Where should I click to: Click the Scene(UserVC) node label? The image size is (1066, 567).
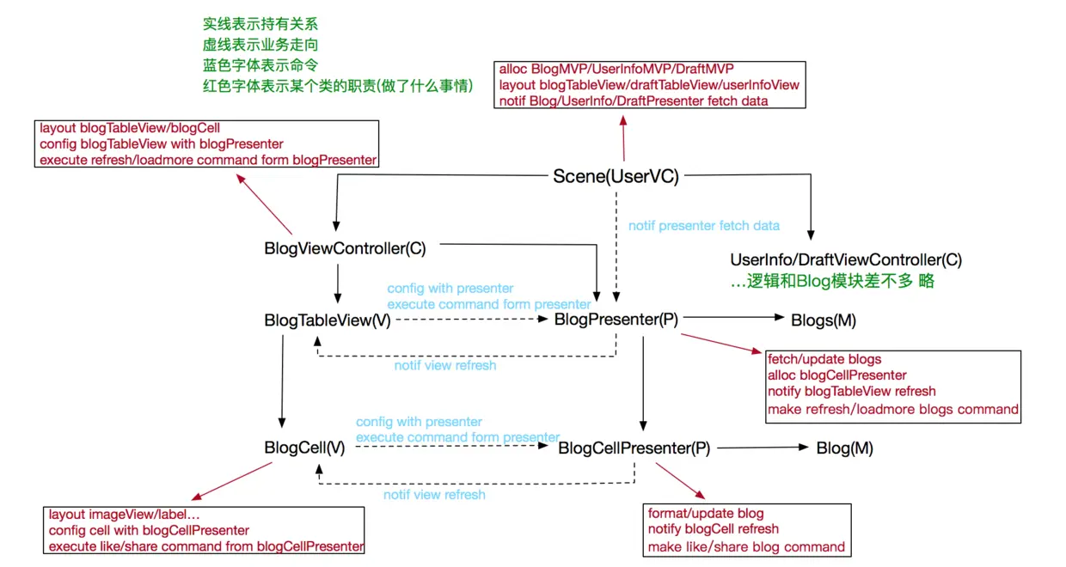616,176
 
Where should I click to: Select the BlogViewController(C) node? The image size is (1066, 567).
345,248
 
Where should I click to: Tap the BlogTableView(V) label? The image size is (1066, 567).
328,320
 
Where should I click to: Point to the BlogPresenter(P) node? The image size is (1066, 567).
616,320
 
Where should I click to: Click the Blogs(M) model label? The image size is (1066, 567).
824,320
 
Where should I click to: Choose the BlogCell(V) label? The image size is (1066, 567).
304,448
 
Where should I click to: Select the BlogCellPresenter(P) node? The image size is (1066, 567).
634,448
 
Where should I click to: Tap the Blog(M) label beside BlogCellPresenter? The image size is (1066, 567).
845,448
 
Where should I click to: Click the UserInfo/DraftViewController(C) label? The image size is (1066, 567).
846,259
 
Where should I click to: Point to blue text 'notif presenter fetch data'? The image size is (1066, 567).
704,225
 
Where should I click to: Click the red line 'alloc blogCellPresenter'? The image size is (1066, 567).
836,375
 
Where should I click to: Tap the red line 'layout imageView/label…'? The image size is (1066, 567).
124,515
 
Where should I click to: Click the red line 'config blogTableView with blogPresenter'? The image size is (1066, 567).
162,143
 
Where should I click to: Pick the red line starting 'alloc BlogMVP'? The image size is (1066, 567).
616,69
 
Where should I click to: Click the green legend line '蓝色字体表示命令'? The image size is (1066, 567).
260,65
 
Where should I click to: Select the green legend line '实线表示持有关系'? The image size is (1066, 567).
260,24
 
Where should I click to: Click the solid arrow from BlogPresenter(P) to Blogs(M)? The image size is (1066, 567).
733,317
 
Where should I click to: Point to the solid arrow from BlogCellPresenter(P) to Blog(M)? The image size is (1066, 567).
763,448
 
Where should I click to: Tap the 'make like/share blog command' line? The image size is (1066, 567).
746,547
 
